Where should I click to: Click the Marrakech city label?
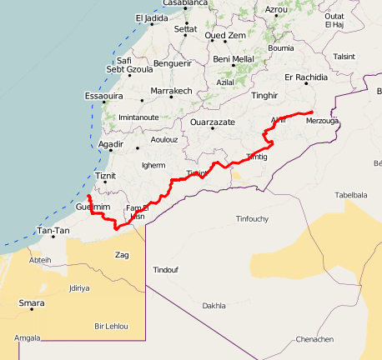(171, 91)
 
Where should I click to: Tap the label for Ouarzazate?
(213, 122)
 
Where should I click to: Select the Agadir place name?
(111, 145)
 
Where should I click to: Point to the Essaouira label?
(104, 97)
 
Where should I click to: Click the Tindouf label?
(165, 270)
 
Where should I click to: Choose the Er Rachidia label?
(307, 77)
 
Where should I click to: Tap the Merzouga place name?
(322, 121)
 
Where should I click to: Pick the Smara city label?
(32, 303)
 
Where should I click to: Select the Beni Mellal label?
(234, 59)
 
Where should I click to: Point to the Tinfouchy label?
(252, 219)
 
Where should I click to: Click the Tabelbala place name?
(351, 195)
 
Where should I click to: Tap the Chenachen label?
(314, 339)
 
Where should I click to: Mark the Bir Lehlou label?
(112, 326)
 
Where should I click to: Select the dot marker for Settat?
(184, 38)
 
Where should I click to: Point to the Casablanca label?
(185, 3)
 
